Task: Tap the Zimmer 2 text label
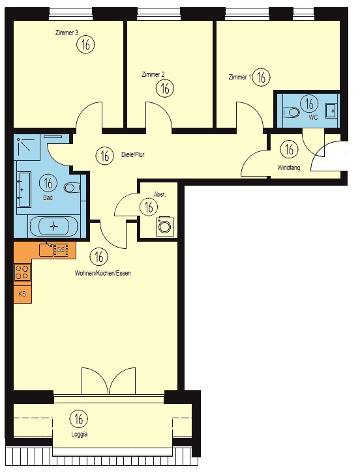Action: coord(153,74)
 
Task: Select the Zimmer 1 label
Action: coord(240,78)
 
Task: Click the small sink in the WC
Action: coord(331,110)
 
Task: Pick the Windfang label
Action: coord(289,167)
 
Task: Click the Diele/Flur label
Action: coord(133,155)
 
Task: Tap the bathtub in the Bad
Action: coord(53,226)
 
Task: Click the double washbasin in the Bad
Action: coord(24,189)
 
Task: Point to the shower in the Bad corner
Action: coord(27,147)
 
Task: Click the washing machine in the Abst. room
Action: coord(164,226)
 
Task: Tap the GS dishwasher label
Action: coord(61,250)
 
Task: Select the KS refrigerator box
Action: coord(22,294)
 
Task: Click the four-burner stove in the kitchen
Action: coord(22,272)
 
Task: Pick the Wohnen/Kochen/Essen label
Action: coord(102,273)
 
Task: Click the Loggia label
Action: coord(80,435)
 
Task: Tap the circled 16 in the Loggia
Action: coord(78,419)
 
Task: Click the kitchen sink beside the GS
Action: coord(46,250)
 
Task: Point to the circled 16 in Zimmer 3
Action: coord(86,45)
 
